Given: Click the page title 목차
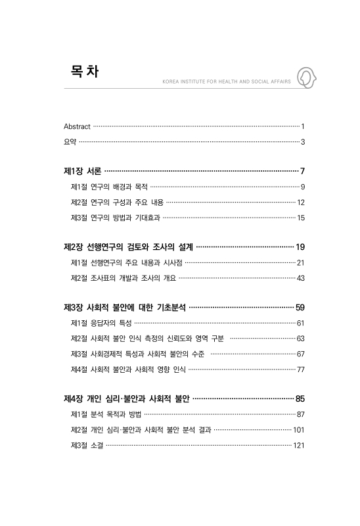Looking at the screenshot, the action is [84, 72].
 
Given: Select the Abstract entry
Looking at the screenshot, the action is [77, 126].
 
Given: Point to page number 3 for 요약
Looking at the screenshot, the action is [302, 141].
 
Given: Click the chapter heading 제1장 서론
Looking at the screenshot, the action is [82, 171].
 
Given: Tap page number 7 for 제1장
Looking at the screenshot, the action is [302, 171].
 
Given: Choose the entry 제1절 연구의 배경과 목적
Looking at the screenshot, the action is [109, 187].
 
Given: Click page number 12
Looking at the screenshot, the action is [300, 203].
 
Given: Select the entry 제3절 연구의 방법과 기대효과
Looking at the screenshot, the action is [115, 218].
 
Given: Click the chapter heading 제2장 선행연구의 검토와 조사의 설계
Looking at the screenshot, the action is [128, 247].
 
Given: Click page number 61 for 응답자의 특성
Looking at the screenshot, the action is [300, 323].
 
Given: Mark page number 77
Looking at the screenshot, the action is [300, 370].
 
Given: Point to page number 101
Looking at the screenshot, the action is [299, 430].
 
